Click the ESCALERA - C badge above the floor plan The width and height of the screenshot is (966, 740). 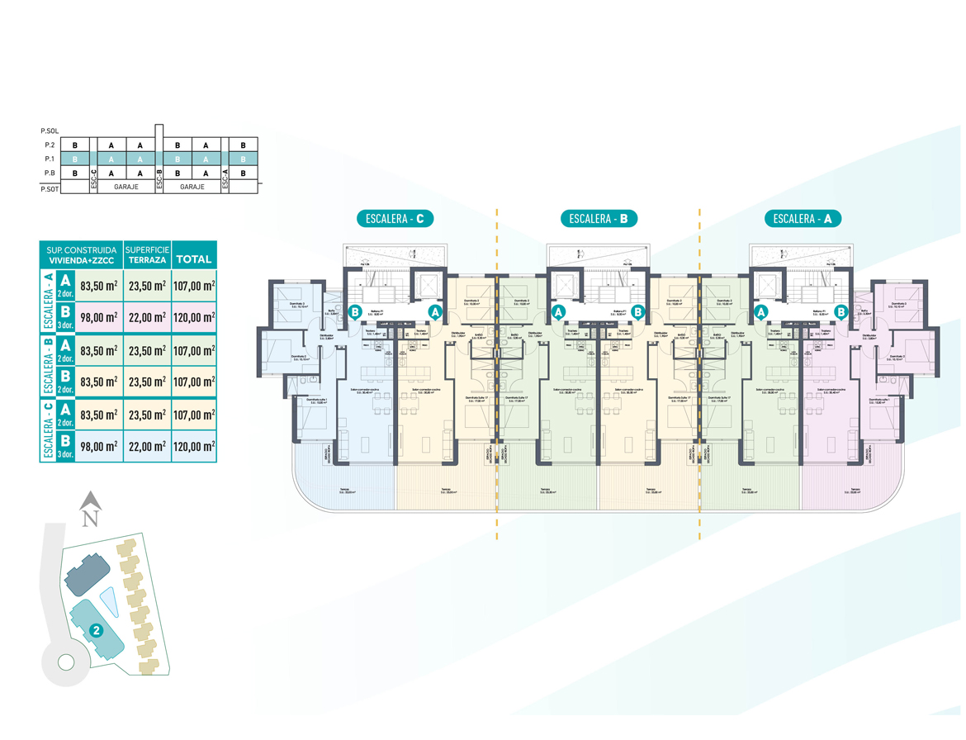(x=395, y=219)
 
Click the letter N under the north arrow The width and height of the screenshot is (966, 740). (x=91, y=519)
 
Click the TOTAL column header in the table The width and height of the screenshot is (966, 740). (x=194, y=259)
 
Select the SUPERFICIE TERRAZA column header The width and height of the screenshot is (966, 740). (x=146, y=254)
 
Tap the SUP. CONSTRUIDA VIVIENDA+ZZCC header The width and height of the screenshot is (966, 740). (x=81, y=254)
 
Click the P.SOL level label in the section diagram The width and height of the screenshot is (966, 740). (x=50, y=131)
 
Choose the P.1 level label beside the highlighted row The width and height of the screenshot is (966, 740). (x=50, y=159)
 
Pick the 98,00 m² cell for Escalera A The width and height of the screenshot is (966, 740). (x=98, y=317)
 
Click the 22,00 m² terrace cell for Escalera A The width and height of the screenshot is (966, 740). (x=146, y=317)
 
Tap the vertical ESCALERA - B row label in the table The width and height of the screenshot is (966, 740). (x=48, y=366)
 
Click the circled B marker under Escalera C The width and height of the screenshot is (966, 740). (x=355, y=312)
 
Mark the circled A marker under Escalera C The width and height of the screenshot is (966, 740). (x=436, y=312)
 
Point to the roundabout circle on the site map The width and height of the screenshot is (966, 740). (x=65, y=661)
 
